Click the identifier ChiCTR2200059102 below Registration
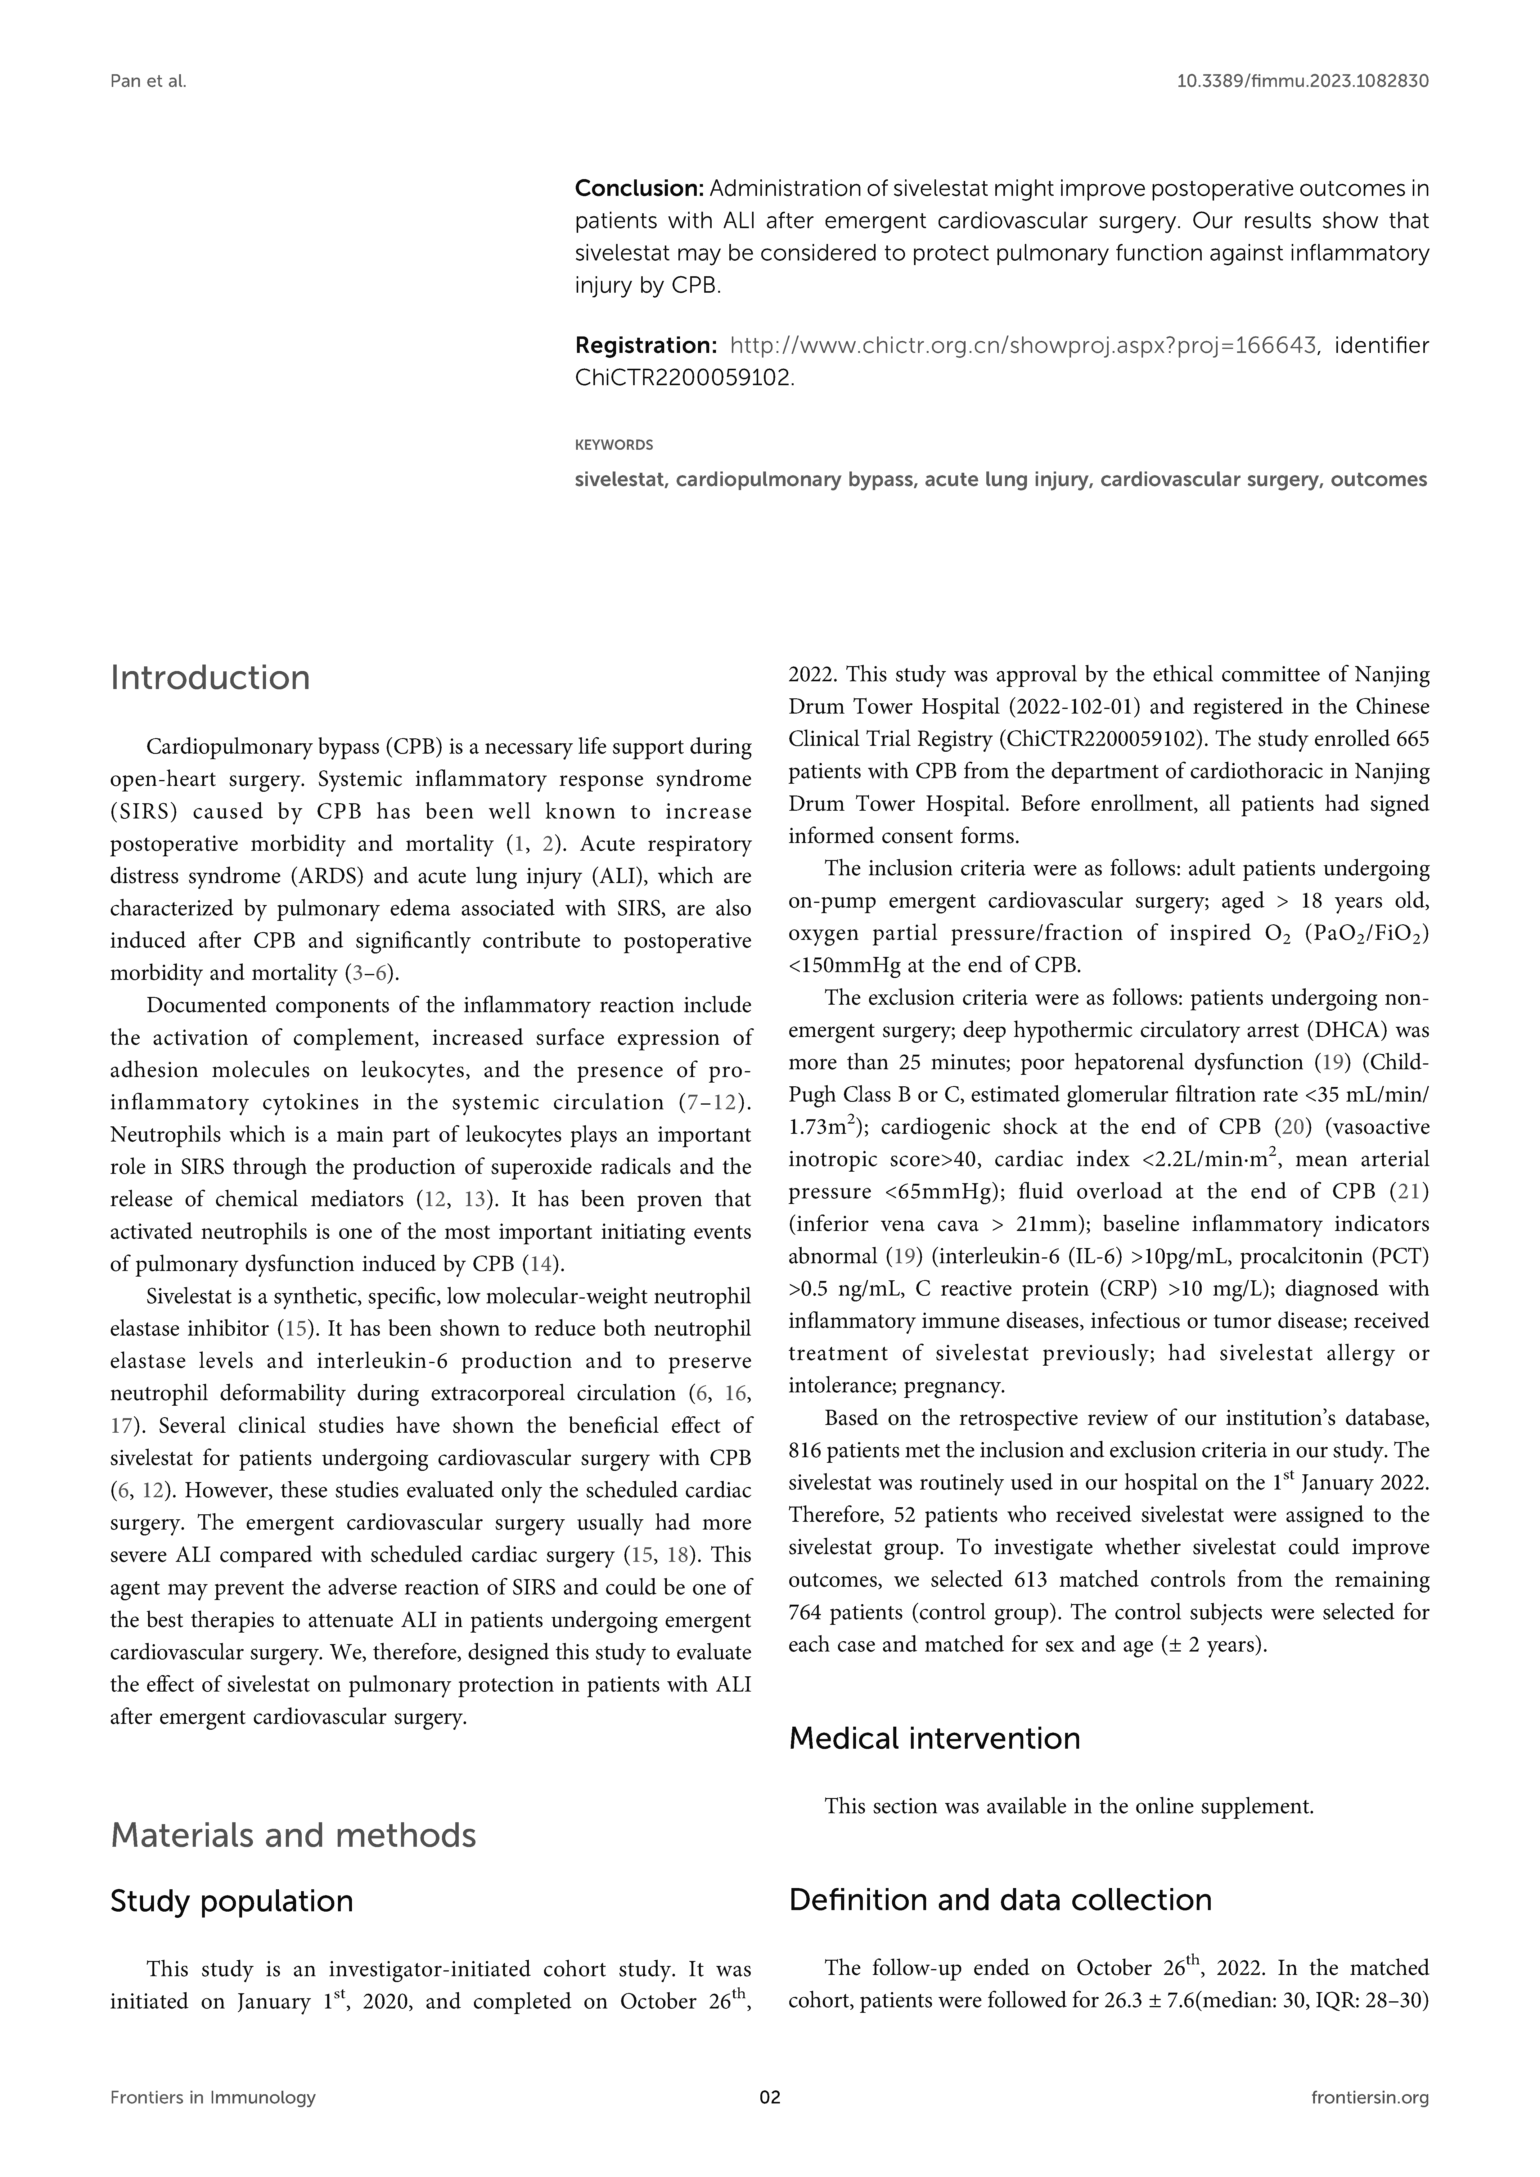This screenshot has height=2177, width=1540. (x=683, y=377)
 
